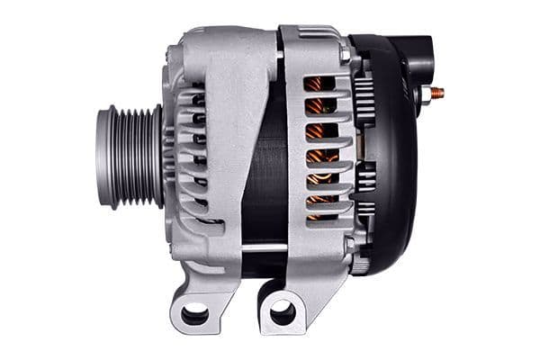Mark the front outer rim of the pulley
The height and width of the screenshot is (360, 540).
click(x=102, y=158)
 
